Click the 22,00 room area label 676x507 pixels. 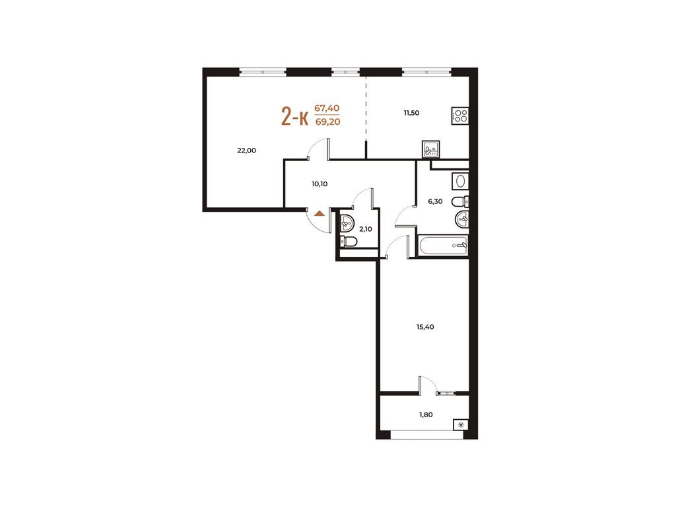tap(247, 151)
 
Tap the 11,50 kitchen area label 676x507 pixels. tap(411, 113)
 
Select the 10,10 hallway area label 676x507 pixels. tap(320, 184)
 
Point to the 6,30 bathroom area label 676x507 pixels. tap(435, 201)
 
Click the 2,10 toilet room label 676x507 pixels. tap(366, 229)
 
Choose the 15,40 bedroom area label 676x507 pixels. tap(425, 327)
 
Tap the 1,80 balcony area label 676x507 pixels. tap(426, 415)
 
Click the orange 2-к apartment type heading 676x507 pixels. tap(295, 117)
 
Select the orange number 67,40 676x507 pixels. tap(327, 108)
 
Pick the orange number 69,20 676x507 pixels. tap(327, 122)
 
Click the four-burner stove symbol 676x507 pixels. tap(460, 116)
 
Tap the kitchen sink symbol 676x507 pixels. tap(430, 149)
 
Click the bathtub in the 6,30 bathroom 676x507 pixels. tap(443, 246)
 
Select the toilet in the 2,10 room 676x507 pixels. tap(349, 242)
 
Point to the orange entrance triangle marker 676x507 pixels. tap(319, 213)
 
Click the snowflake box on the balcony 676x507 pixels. tap(461, 425)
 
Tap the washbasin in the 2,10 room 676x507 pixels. tap(347, 223)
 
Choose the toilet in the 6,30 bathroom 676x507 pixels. tap(460, 201)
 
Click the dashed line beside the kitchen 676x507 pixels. tap(366, 109)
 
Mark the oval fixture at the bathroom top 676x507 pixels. tap(460, 181)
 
